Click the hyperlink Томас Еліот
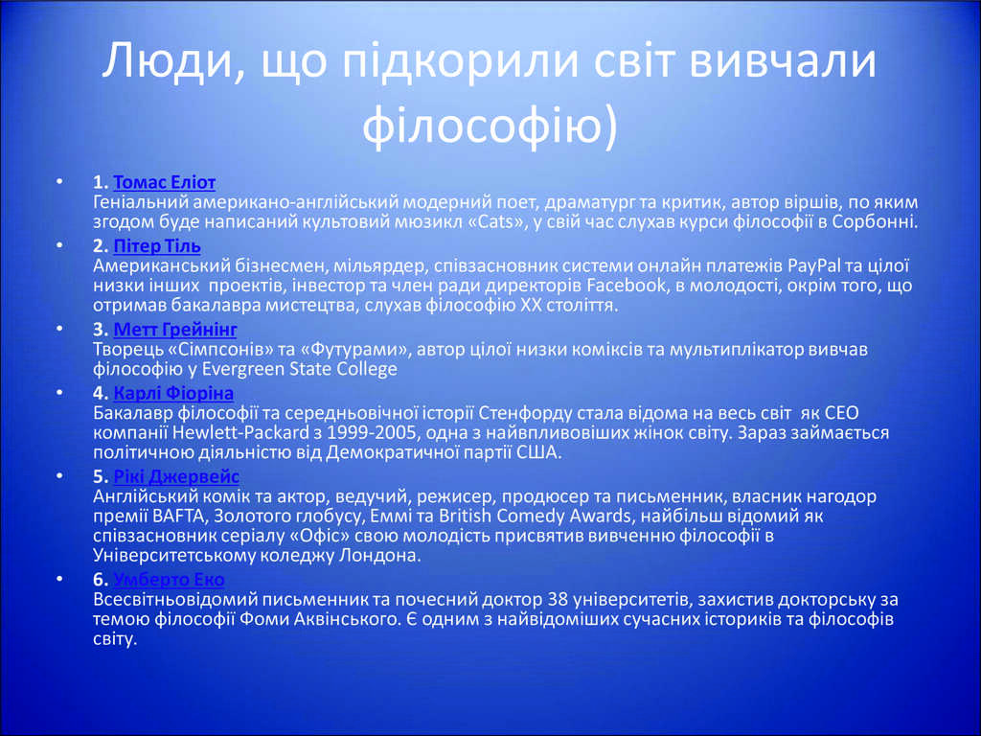[x=165, y=182]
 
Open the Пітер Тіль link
[x=157, y=246]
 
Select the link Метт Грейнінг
[x=175, y=330]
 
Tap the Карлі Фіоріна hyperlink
[x=173, y=393]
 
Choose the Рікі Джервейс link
[x=176, y=476]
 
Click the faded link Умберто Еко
[x=169, y=580]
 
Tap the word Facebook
[x=627, y=286]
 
